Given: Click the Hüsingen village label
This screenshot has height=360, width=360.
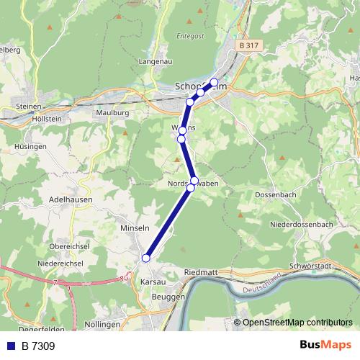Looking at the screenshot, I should click(30, 146).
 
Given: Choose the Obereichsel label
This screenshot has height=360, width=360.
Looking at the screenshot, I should click(68, 246).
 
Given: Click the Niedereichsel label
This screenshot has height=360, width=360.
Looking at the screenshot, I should click(59, 263).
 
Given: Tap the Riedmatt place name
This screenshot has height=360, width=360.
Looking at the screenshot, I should click(202, 273).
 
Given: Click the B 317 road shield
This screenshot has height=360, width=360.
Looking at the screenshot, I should click(247, 45).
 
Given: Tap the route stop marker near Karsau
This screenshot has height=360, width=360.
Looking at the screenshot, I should click(145, 258).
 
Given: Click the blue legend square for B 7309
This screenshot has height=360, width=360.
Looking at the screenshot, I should click(10, 346).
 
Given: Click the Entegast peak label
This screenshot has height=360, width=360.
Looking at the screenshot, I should click(190, 35).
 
